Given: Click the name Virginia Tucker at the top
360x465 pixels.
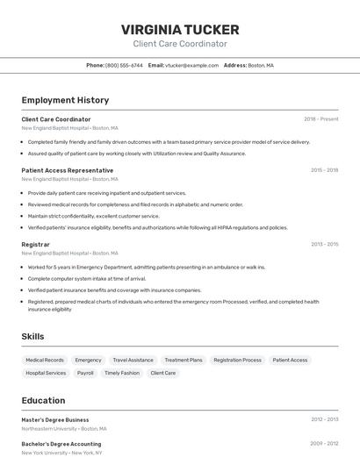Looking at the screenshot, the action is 180,29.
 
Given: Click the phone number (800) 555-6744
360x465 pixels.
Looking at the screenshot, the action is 124,65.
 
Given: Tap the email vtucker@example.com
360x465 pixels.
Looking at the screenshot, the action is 191,65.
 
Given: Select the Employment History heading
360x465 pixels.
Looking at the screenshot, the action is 65,100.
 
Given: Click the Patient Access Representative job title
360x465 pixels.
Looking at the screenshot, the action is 68,170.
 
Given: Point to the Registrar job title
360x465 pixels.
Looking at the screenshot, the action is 36,244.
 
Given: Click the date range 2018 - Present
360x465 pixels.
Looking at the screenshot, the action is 320,119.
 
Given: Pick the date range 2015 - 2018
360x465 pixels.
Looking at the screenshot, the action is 324,170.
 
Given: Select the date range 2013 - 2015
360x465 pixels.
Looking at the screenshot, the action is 324,244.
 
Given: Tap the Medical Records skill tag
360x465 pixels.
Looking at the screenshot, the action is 45,360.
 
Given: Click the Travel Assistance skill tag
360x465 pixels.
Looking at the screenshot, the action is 133,360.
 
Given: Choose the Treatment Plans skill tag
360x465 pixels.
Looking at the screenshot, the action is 184,360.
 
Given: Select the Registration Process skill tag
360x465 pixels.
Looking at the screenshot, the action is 237,360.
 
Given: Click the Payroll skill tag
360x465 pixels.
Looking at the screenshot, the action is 85,373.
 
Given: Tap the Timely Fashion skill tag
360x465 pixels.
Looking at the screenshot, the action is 121,373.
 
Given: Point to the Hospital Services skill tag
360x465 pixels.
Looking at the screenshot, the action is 46,373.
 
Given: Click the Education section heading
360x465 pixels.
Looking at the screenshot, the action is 43,400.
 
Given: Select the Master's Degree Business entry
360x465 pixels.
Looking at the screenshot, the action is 55,419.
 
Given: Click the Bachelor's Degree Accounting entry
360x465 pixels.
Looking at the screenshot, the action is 61,444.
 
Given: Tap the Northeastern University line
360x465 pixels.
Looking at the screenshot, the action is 64,429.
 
